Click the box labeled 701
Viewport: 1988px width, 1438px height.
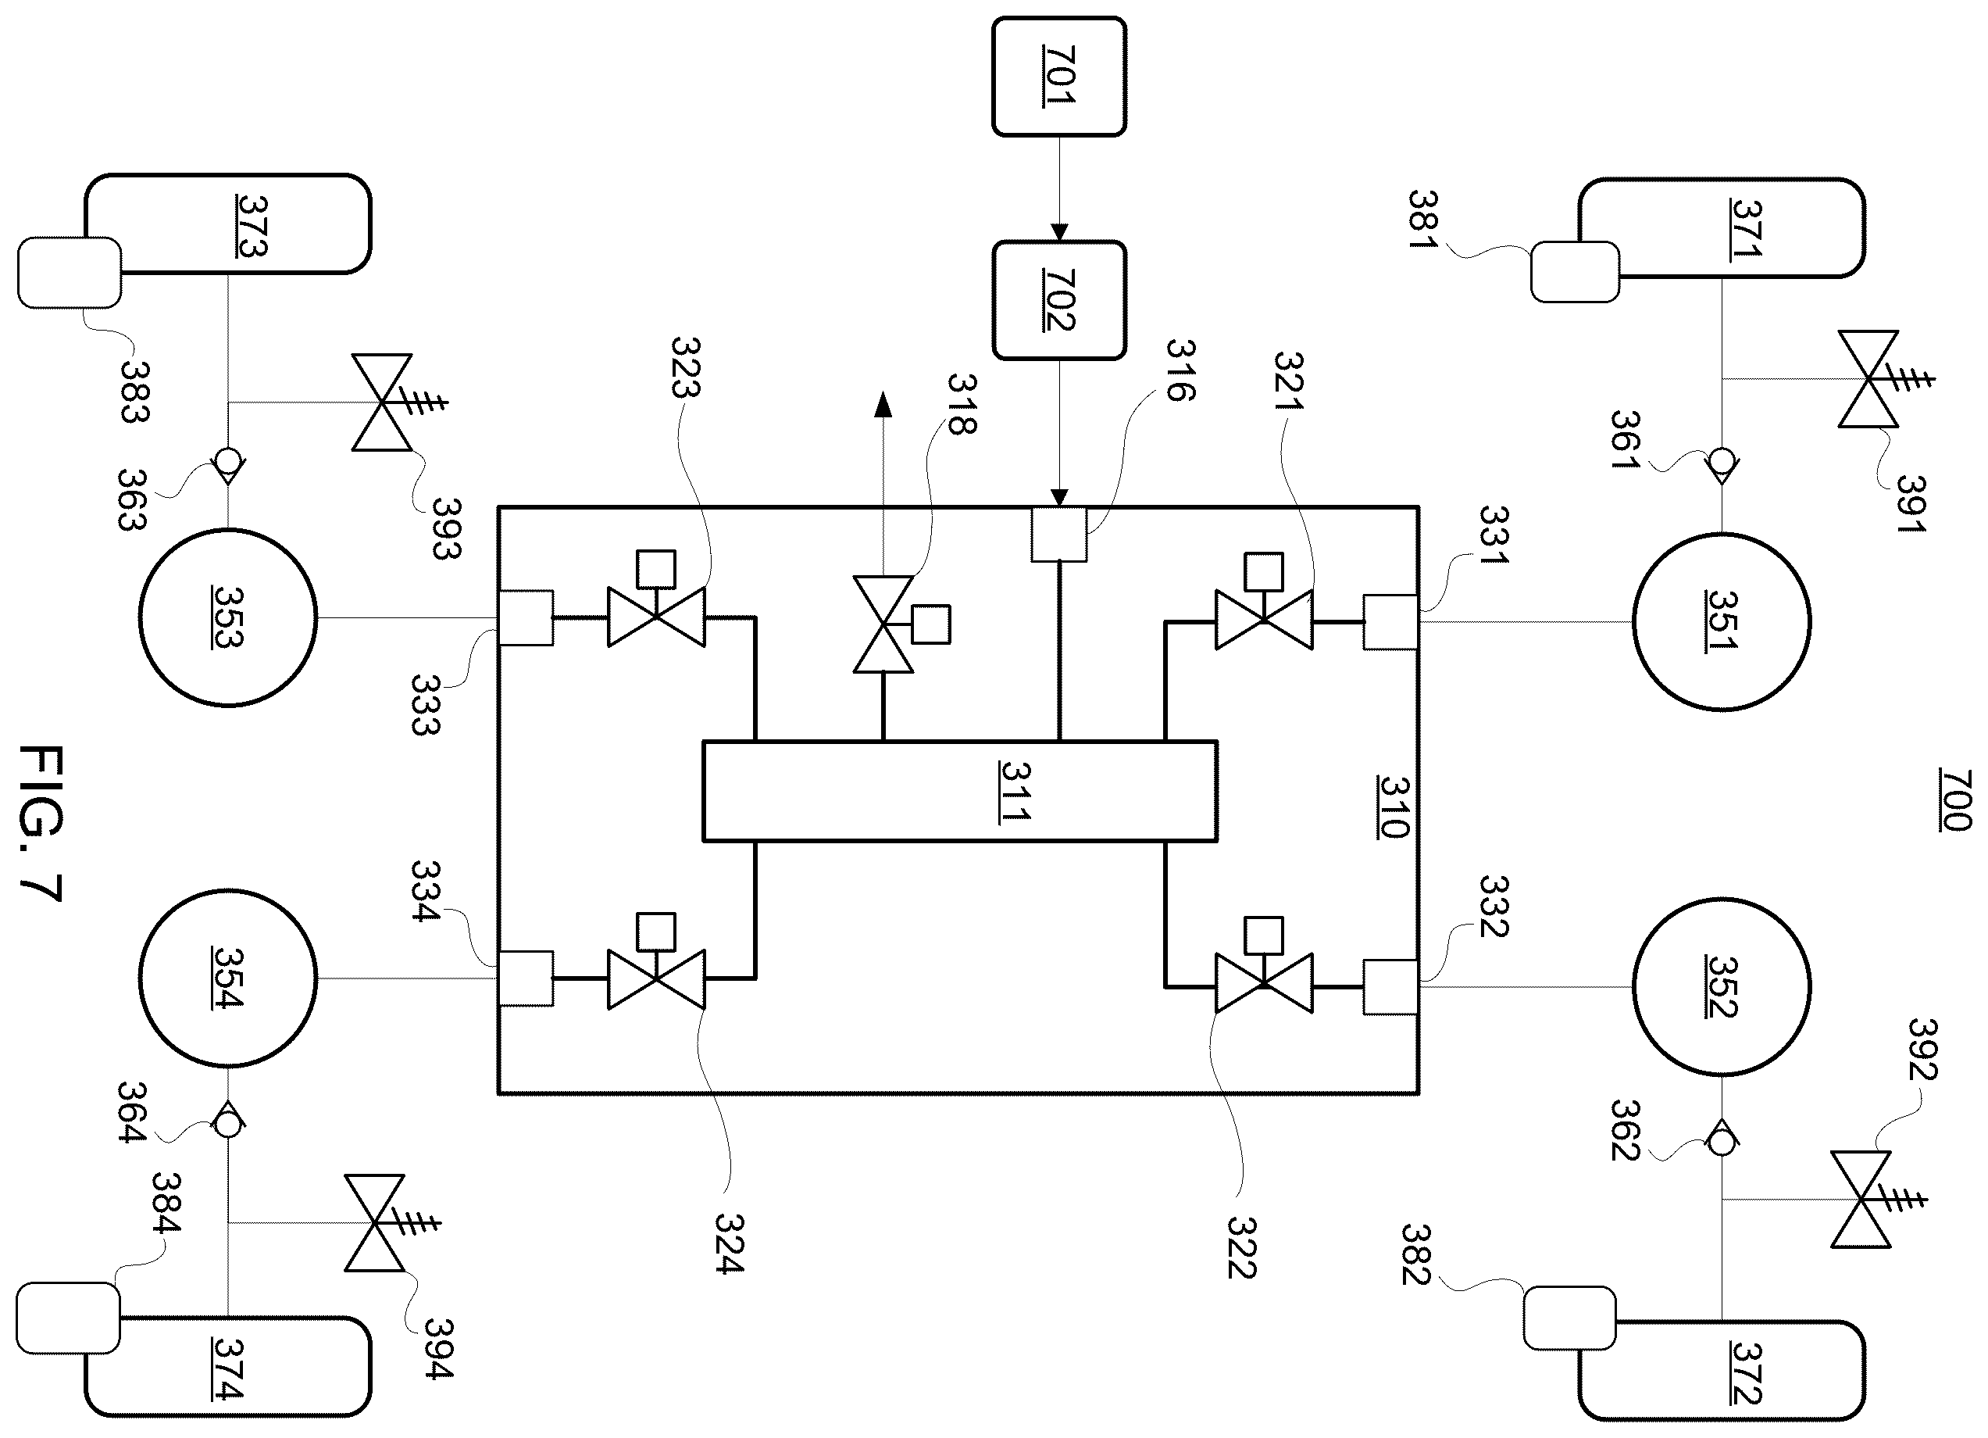click(1059, 77)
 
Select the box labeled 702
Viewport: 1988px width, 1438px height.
click(1059, 301)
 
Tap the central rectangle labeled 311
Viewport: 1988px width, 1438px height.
click(960, 792)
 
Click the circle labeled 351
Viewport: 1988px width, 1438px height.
click(1722, 621)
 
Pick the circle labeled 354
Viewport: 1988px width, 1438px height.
click(228, 978)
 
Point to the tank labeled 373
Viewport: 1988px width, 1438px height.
click(228, 224)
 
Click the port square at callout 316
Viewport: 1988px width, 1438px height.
click(1059, 534)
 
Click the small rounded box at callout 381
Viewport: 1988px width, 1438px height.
click(1575, 272)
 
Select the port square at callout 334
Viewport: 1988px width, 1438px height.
click(526, 978)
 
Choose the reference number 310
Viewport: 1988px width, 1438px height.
click(1394, 807)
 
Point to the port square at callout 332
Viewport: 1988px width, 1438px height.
click(1391, 987)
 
